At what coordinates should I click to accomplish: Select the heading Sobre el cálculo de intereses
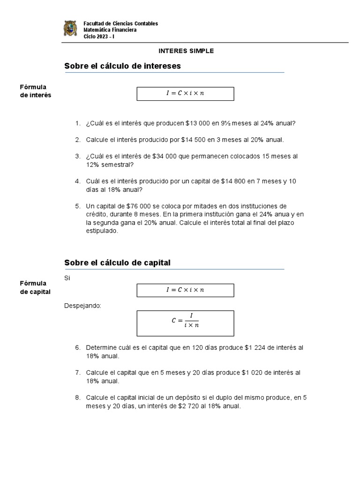click(x=122, y=67)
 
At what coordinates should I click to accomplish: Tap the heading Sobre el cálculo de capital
click(x=117, y=263)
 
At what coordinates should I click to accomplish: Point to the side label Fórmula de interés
click(x=35, y=91)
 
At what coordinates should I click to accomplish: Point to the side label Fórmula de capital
click(x=35, y=287)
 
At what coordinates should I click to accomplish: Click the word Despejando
click(x=82, y=306)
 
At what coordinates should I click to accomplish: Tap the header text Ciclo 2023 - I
click(x=99, y=36)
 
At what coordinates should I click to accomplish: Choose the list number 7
click(x=78, y=373)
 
